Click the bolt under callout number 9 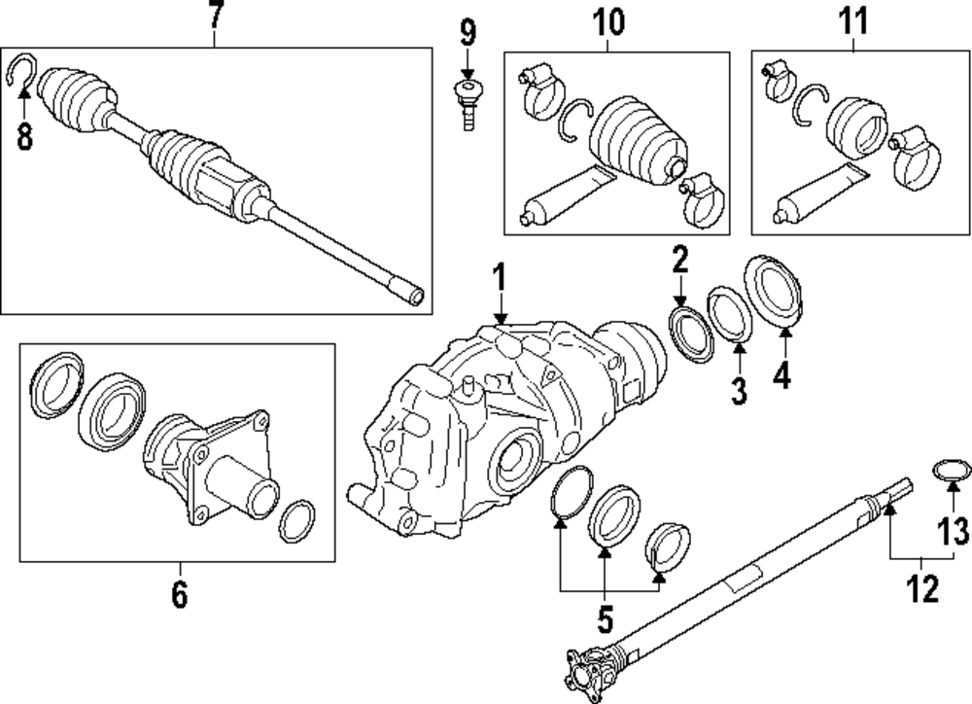(x=469, y=104)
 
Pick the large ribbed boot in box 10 (x=638, y=138)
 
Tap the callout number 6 (x=179, y=593)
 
